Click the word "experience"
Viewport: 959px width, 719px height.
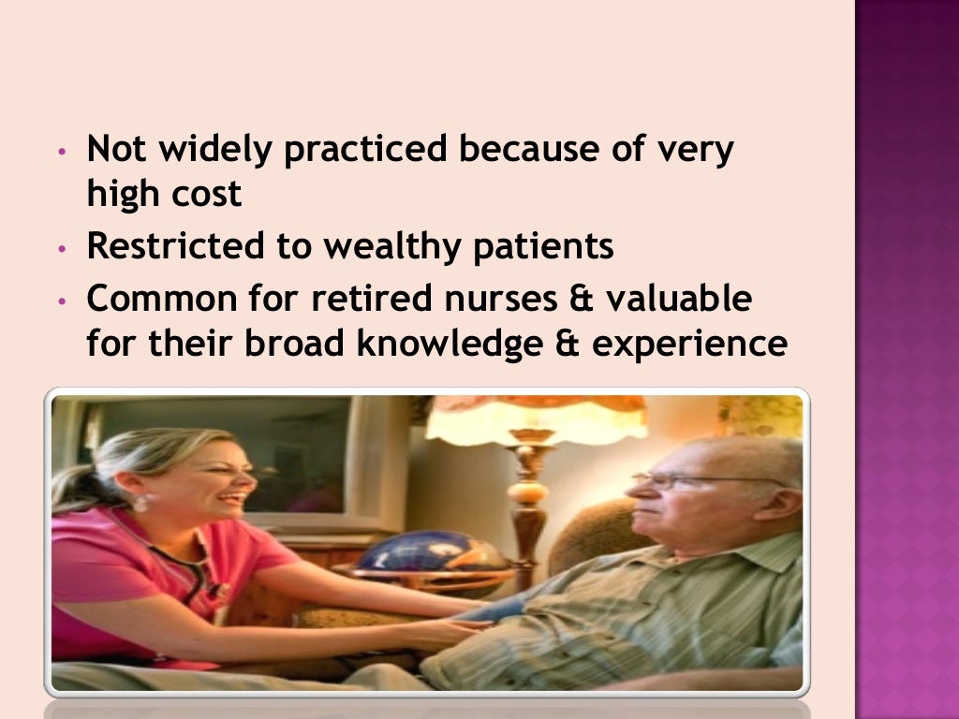pyautogui.click(x=690, y=345)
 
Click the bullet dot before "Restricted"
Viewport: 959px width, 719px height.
pyautogui.click(x=61, y=250)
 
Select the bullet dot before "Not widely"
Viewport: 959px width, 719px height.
pyautogui.click(x=61, y=152)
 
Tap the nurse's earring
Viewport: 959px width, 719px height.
pyautogui.click(x=140, y=503)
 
